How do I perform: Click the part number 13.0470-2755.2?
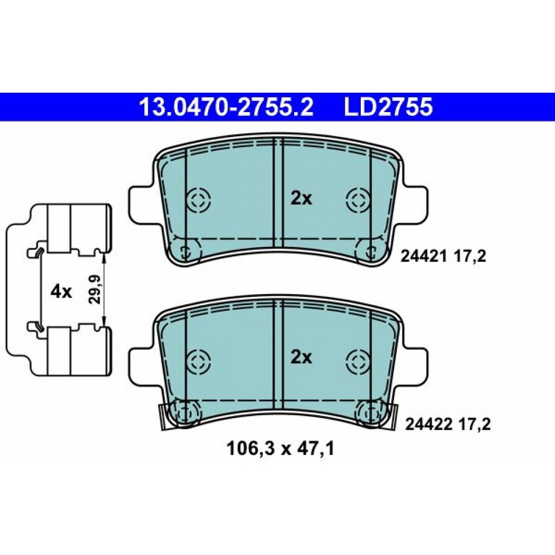click(x=226, y=107)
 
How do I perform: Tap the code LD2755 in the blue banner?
click(x=389, y=107)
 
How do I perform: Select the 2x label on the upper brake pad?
click(x=301, y=199)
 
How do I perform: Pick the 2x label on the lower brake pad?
click(x=301, y=358)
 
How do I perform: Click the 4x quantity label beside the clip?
click(x=61, y=292)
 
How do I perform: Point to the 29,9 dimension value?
click(x=94, y=289)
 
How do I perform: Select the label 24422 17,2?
click(x=448, y=424)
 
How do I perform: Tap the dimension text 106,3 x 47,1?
click(x=280, y=450)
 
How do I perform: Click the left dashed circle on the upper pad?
click(x=199, y=200)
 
